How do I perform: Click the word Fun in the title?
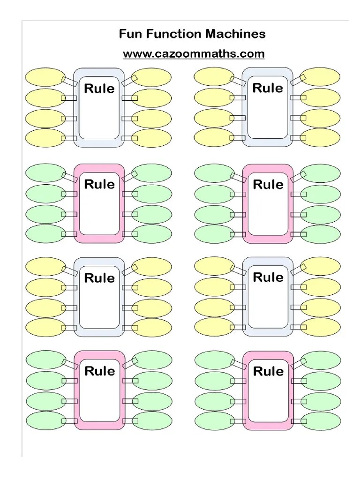pos(129,34)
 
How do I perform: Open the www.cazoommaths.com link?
pos(194,54)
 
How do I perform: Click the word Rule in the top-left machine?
pos(99,89)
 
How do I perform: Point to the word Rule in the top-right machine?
pos(268,88)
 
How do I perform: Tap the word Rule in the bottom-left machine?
pos(99,371)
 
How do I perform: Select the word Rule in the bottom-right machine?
pos(268,372)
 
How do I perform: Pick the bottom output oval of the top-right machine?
pos(321,138)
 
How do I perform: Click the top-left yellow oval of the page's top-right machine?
pos(213,77)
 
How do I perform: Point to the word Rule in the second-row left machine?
pos(99,184)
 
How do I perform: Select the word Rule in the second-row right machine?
pos(268,184)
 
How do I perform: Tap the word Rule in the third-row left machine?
pos(99,278)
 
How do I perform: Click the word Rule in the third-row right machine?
pos(268,277)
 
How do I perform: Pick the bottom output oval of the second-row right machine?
pos(321,234)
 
